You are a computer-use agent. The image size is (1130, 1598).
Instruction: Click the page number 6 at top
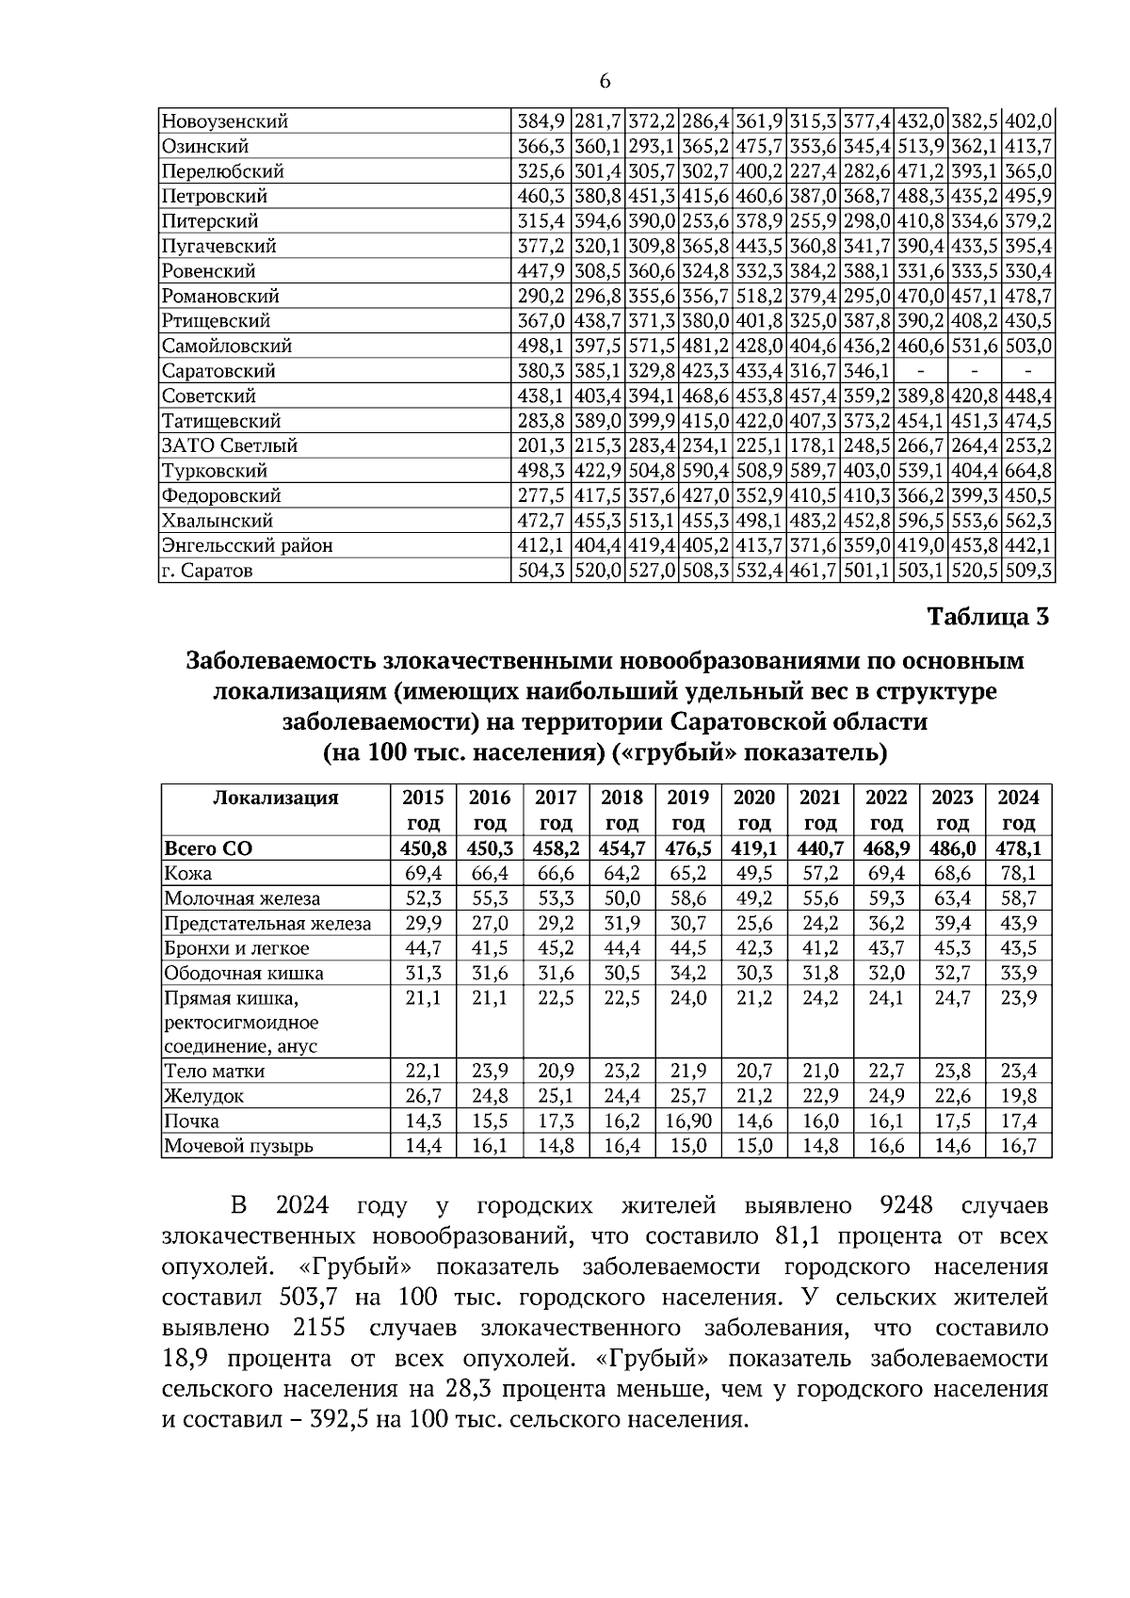click(x=604, y=82)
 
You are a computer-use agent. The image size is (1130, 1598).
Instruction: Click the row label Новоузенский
click(x=225, y=121)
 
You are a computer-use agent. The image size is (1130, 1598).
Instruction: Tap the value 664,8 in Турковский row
click(x=1028, y=471)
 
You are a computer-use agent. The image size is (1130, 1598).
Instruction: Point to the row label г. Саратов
click(x=207, y=571)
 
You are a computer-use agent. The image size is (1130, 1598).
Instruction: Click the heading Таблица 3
click(x=987, y=618)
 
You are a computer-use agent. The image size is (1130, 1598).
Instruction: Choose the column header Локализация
click(x=275, y=799)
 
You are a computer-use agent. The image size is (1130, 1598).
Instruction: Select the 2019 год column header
click(x=687, y=810)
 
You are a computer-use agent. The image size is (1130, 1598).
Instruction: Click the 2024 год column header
click(x=1018, y=810)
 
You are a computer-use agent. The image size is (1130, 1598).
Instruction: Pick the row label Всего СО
click(x=208, y=848)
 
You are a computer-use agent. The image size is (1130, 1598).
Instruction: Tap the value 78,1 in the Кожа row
click(x=1018, y=873)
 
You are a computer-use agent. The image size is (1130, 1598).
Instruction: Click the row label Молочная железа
click(x=242, y=898)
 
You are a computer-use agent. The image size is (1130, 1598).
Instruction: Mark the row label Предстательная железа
click(x=267, y=924)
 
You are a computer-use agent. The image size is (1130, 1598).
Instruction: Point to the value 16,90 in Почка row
click(x=687, y=1122)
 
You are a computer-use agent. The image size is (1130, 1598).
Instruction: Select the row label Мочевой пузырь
click(x=238, y=1146)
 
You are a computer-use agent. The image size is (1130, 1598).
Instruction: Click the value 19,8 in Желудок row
click(x=1018, y=1096)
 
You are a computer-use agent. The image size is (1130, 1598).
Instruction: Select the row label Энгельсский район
click(x=247, y=546)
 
